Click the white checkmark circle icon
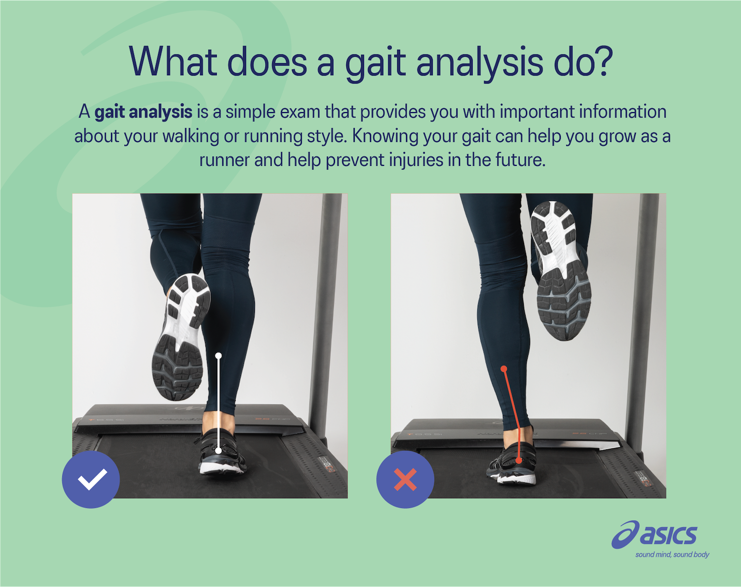(91, 479)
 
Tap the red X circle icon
(405, 479)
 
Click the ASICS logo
(655, 534)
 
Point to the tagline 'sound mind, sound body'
(672, 554)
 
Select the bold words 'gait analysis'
(143, 112)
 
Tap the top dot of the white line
(218, 355)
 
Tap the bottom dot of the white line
(218, 450)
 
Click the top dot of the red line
(503, 369)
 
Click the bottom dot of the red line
(519, 461)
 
